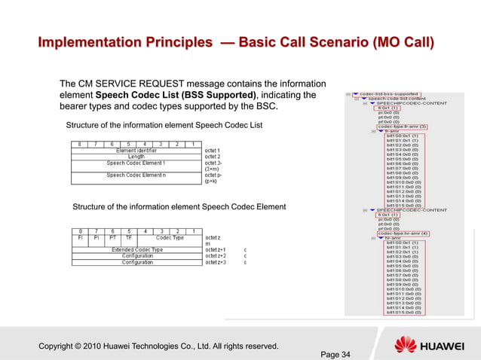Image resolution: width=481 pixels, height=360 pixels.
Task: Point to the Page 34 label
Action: pyautogui.click(x=335, y=355)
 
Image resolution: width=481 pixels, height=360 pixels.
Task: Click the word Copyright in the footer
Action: pyautogui.click(x=62, y=346)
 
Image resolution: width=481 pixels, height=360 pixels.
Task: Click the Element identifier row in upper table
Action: pyautogui.click(x=136, y=150)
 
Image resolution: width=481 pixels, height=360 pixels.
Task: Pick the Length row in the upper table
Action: pyautogui.click(x=136, y=157)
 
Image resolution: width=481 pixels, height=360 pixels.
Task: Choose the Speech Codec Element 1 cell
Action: pyautogui.click(x=136, y=163)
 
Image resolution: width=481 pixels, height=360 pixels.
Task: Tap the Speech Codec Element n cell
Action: pyautogui.click(x=136, y=175)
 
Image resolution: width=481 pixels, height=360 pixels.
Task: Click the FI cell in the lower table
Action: pyautogui.click(x=81, y=237)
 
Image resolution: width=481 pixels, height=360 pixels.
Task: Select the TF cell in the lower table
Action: pyautogui.click(x=128, y=237)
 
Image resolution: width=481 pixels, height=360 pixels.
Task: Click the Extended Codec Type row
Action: pyautogui.click(x=136, y=249)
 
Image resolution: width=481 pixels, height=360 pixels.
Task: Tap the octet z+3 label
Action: pyautogui.click(x=217, y=262)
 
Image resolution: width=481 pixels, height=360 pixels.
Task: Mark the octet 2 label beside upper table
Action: pyautogui.click(x=213, y=157)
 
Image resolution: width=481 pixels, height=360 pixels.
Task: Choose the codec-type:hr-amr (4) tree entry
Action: pyautogui.click(x=403, y=233)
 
